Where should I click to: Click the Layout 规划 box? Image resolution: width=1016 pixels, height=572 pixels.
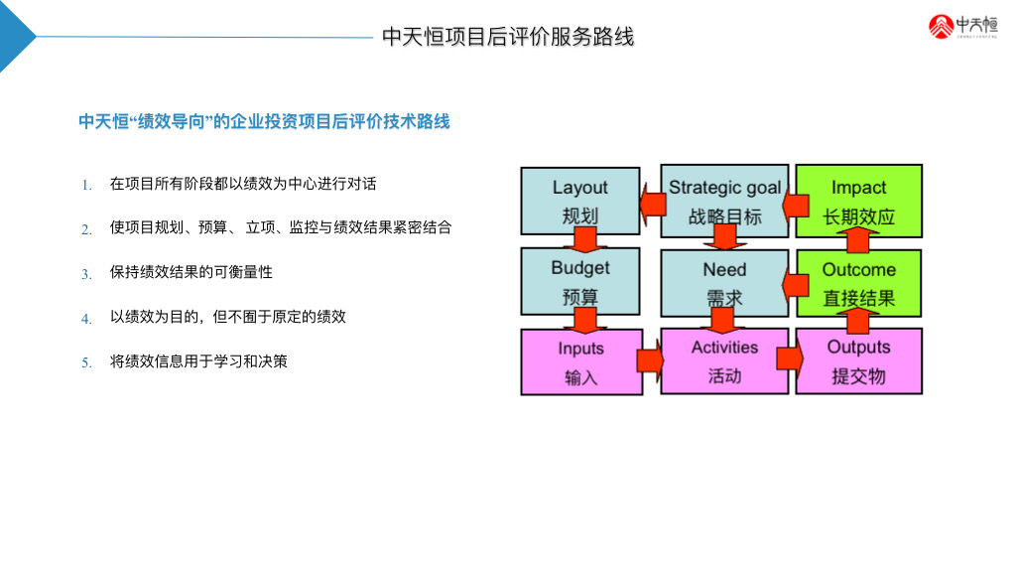tap(580, 200)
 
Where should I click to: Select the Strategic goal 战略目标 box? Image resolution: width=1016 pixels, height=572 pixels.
tap(724, 200)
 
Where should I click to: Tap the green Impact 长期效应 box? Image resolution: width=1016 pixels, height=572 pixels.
tap(859, 200)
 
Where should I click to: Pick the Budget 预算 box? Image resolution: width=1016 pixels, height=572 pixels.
tap(580, 281)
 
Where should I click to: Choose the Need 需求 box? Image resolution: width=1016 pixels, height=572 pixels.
tap(724, 281)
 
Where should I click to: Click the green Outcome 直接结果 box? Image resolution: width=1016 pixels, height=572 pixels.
tap(859, 281)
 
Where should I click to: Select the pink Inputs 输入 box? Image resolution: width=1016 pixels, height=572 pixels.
tap(580, 360)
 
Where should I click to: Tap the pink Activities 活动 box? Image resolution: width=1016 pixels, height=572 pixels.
tap(724, 360)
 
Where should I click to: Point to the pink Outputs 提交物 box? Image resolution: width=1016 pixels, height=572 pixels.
tap(859, 360)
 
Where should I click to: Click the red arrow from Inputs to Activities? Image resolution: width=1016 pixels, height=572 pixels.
tap(650, 360)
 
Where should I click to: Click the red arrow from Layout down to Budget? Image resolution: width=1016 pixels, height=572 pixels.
tap(584, 239)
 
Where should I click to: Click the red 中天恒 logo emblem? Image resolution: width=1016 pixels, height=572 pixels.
tap(942, 27)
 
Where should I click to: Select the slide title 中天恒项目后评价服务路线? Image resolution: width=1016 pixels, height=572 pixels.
tap(508, 37)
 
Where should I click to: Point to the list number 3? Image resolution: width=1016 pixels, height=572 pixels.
tap(86, 274)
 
